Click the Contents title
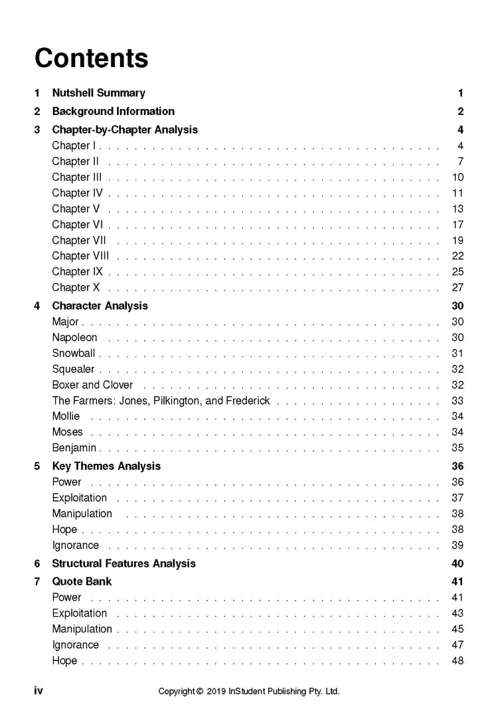click(91, 58)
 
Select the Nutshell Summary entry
click(98, 93)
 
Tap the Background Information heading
click(113, 111)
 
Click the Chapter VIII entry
click(80, 256)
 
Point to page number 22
click(457, 256)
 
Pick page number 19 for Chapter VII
click(457, 241)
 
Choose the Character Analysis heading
click(100, 306)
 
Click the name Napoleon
click(74, 338)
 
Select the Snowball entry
click(73, 353)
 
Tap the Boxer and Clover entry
click(92, 385)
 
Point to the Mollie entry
click(66, 417)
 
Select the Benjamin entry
click(74, 448)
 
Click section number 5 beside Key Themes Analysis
click(37, 466)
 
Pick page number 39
click(457, 546)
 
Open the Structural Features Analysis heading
click(124, 563)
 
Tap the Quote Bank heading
click(82, 581)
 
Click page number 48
click(457, 660)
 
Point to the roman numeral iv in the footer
click(39, 690)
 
